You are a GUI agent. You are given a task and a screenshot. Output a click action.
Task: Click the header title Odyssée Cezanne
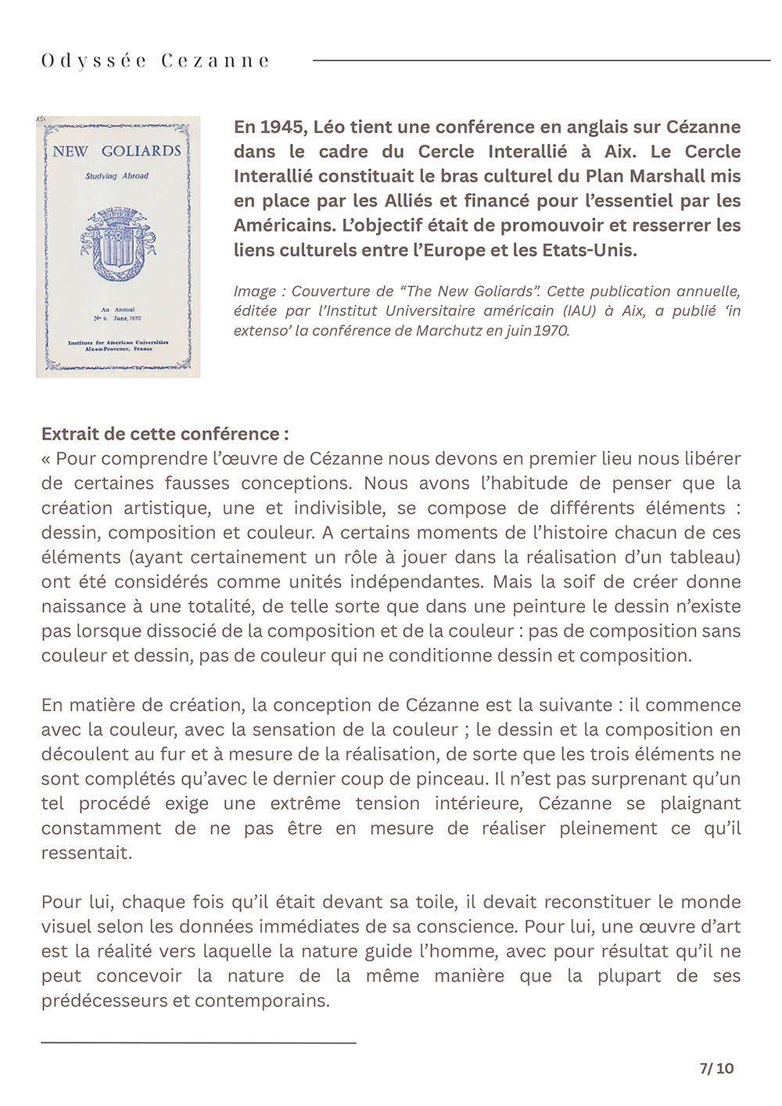[155, 61]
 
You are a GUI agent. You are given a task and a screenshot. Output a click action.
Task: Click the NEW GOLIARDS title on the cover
[117, 151]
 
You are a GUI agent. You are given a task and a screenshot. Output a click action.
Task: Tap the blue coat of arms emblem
[117, 245]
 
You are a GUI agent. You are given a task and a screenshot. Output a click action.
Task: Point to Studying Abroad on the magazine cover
[117, 176]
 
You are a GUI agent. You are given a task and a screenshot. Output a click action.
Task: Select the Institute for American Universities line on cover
[117, 343]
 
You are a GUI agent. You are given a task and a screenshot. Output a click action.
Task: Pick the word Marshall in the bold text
[665, 176]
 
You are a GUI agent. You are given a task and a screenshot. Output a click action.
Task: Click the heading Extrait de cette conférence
[164, 434]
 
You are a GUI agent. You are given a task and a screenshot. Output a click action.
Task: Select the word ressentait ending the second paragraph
[86, 853]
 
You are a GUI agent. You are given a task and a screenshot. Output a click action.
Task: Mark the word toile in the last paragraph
[434, 902]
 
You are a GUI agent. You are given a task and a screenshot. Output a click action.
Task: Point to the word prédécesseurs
[104, 1000]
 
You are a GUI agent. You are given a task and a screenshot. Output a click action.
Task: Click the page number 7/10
[716, 1068]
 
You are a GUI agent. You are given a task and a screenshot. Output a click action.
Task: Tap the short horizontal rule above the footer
[199, 1043]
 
